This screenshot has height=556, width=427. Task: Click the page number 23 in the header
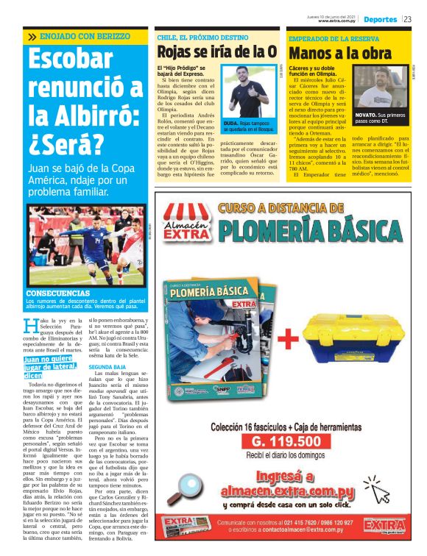408,20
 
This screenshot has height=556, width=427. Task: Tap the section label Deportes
380,20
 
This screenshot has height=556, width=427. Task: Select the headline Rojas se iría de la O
217,52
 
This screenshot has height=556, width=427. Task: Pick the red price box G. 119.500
286,441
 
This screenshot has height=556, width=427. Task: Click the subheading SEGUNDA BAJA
107,366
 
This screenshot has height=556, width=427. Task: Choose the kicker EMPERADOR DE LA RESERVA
334,38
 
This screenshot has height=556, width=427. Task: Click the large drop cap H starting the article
30,327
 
